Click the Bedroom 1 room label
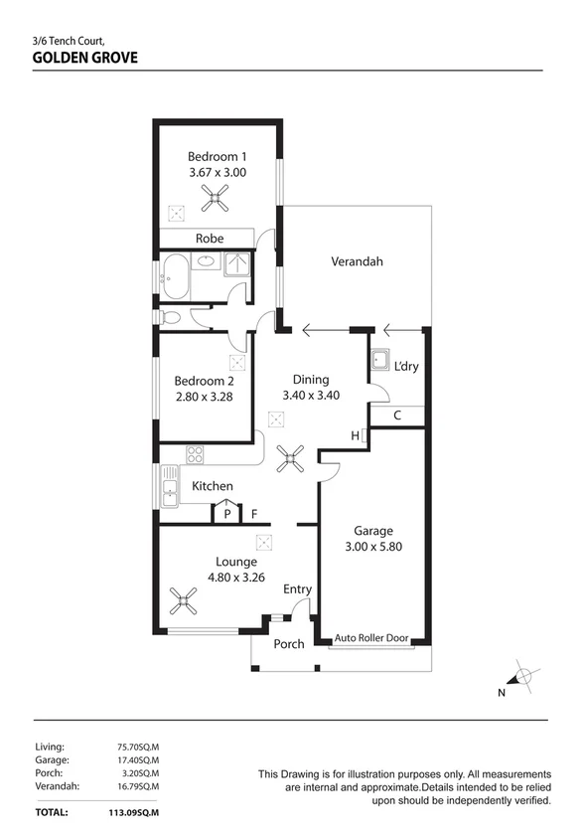point(217,157)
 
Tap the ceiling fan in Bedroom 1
point(215,198)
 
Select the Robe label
point(210,239)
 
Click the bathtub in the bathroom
point(176,277)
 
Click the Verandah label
point(357,261)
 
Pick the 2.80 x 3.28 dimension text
point(205,397)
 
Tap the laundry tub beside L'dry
point(379,361)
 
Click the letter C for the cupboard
point(397,416)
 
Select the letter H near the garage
point(355,436)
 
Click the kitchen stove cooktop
point(194,454)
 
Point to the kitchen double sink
point(170,486)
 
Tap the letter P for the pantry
point(227,515)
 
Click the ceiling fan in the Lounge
point(183,600)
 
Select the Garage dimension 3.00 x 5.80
point(373,547)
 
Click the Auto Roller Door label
point(371,637)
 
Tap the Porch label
point(289,644)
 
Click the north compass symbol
point(523,676)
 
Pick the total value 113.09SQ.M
point(130,813)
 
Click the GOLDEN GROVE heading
point(85,58)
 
